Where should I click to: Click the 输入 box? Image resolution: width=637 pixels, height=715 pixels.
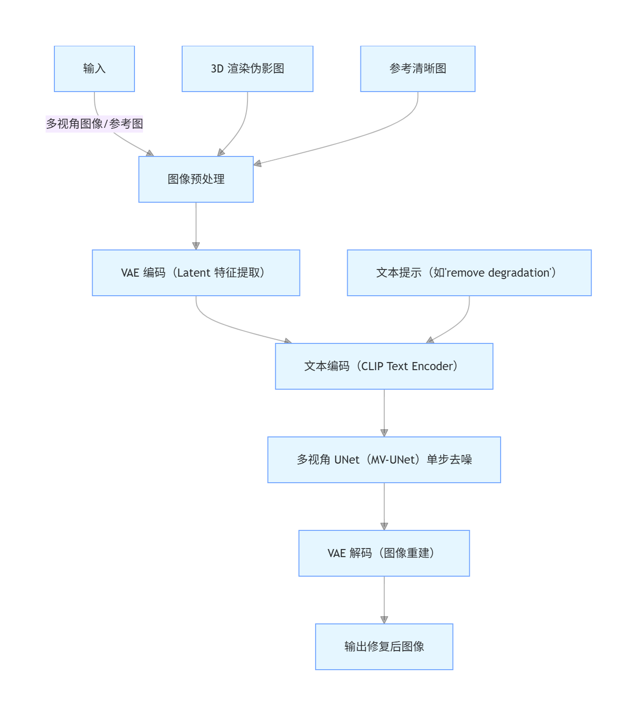[x=94, y=69]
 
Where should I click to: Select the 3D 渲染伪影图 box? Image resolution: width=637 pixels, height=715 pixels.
[x=247, y=69]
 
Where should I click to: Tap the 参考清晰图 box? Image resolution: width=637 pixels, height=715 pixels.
[x=418, y=69]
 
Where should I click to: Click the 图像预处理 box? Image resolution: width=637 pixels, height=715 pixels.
[x=196, y=179]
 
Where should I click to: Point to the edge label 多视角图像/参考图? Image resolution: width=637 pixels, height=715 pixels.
[x=94, y=124]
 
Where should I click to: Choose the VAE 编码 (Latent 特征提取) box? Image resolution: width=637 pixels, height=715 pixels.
[x=196, y=273]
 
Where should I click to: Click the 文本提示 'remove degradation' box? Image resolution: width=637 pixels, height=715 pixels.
[x=469, y=273]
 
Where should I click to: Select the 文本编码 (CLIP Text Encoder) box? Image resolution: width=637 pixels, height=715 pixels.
[x=384, y=366]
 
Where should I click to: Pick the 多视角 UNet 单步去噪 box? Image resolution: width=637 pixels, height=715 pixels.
[x=384, y=460]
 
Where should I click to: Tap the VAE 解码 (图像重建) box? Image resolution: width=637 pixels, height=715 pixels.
[x=384, y=553]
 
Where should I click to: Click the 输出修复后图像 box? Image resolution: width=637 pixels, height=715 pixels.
[x=384, y=647]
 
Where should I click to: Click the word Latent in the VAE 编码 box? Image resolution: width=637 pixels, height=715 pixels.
[x=194, y=273]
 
